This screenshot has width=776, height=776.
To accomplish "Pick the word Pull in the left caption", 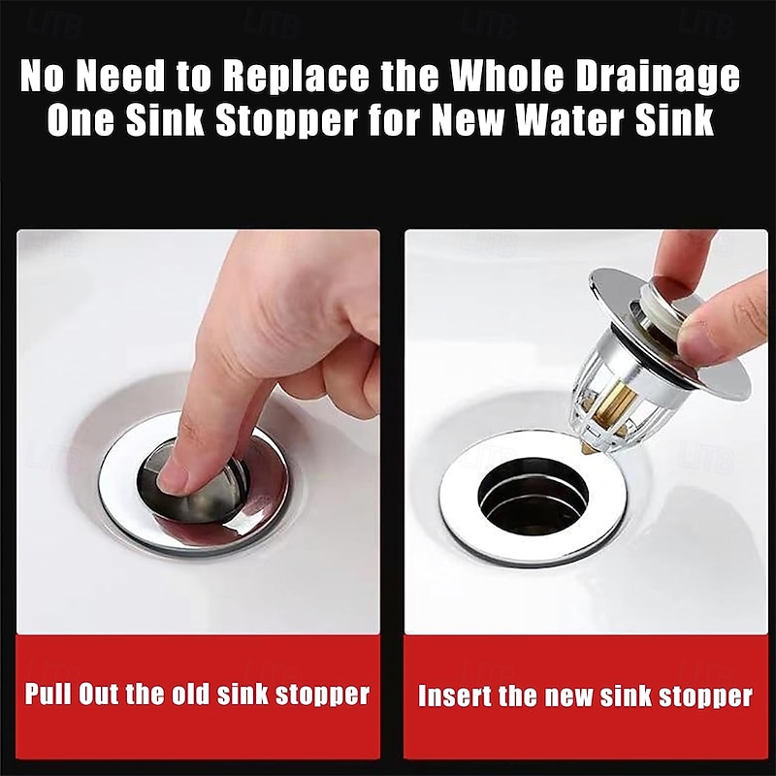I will tap(51, 695).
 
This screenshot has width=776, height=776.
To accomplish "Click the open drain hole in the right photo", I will tap(533, 500).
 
